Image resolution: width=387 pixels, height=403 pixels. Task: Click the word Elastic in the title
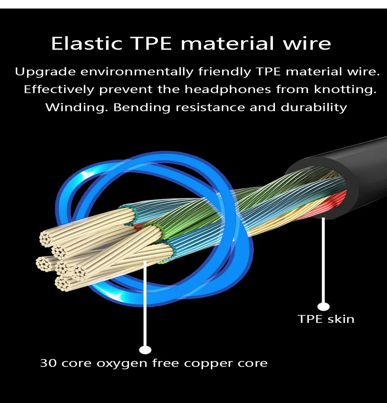(x=87, y=43)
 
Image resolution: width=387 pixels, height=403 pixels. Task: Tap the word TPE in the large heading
(x=151, y=43)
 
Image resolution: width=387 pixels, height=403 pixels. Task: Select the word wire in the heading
(x=307, y=43)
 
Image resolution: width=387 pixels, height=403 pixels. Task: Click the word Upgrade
(x=45, y=72)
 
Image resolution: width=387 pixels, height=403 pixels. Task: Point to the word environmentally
(x=137, y=72)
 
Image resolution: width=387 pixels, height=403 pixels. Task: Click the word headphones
(x=228, y=89)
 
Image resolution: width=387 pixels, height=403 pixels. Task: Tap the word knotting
(x=345, y=89)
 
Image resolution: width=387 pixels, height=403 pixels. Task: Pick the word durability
(x=314, y=108)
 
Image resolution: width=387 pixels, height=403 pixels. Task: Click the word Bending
(x=141, y=108)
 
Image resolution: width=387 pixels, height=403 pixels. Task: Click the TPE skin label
(x=326, y=319)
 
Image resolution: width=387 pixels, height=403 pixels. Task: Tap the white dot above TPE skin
(x=323, y=306)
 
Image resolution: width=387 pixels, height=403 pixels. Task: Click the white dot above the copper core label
(x=145, y=350)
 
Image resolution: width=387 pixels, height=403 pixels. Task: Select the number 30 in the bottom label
(x=48, y=363)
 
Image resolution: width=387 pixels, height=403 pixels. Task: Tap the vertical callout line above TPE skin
(x=323, y=260)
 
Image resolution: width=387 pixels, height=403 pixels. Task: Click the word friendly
(x=225, y=72)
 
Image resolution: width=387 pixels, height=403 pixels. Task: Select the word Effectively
(x=59, y=89)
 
